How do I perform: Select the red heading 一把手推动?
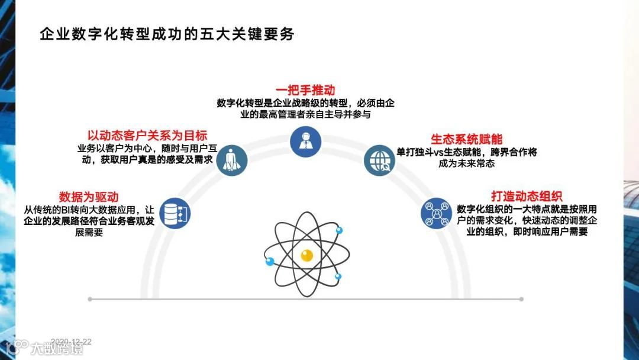point(305,90)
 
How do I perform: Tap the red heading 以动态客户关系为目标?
point(147,135)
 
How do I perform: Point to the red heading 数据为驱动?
point(89,197)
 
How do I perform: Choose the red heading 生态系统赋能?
point(466,139)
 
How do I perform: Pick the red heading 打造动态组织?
point(527,197)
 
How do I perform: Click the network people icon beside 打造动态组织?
point(437,213)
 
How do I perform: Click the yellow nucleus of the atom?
point(306,256)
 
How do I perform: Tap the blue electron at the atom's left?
point(270,261)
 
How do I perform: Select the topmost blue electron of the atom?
point(339,230)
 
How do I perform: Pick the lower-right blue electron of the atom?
point(338,277)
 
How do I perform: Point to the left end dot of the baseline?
point(89,299)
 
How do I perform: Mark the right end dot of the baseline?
point(521,299)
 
